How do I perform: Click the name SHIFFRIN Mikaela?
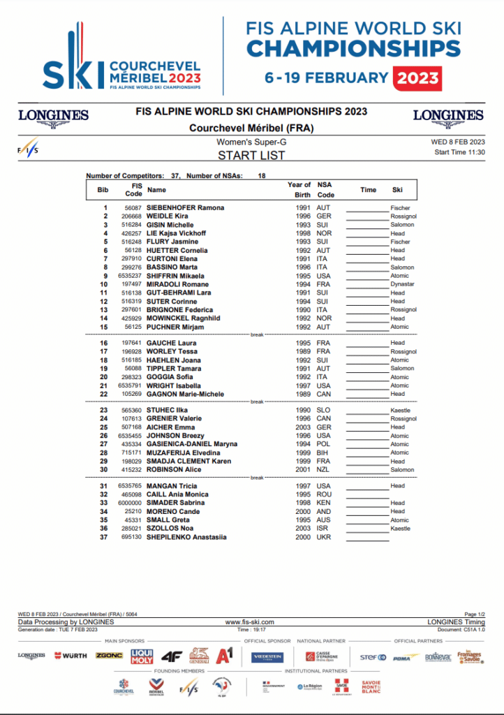[x=173, y=276]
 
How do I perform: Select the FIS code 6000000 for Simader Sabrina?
[x=131, y=503]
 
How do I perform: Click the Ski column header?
[x=397, y=189]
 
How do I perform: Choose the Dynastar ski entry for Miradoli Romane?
[x=403, y=284]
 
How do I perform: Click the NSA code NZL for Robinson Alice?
[x=323, y=470]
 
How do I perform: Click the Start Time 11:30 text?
[x=459, y=152]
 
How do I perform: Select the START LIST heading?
[x=251, y=156]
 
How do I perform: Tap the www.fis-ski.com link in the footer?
[x=250, y=621]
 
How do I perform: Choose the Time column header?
[x=368, y=189]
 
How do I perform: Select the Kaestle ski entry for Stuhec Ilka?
[x=401, y=410]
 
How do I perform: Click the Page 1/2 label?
[x=475, y=614]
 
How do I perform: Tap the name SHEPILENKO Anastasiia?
[x=186, y=537]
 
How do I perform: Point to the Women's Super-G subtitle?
[x=251, y=142]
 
